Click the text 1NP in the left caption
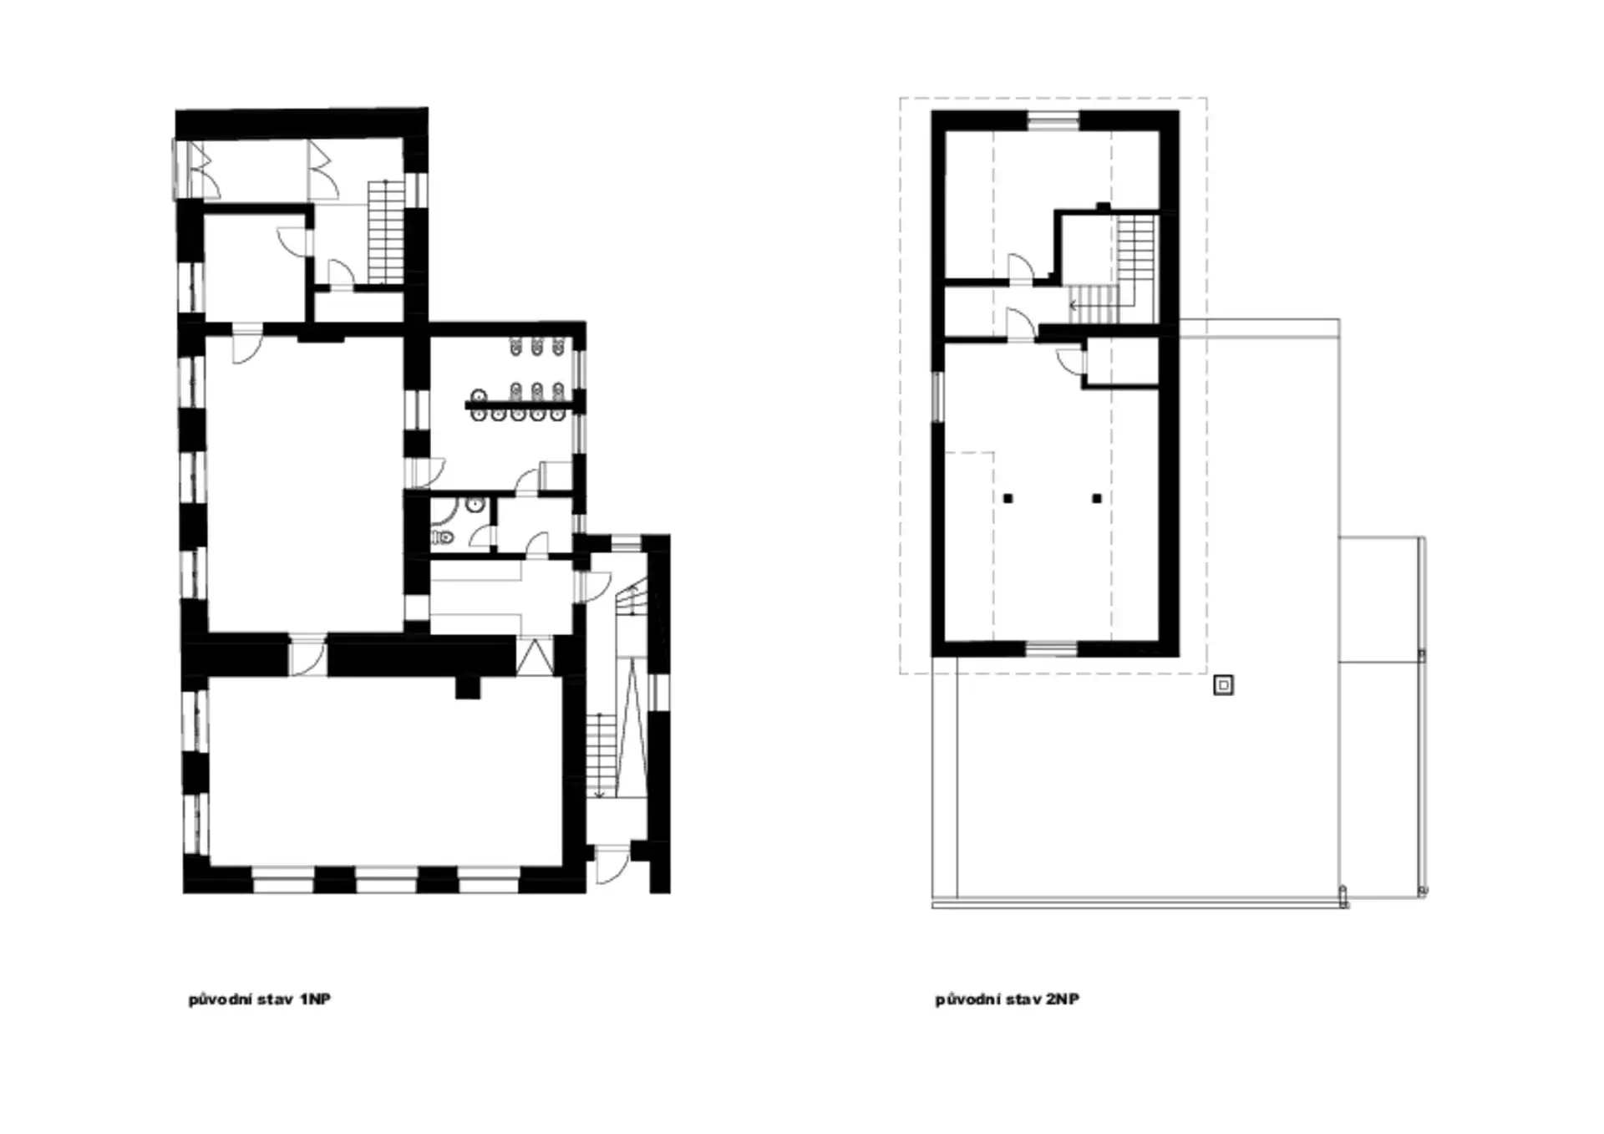(x=315, y=999)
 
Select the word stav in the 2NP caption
(x=1024, y=999)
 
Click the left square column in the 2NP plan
(x=1008, y=499)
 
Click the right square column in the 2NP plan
(x=1097, y=499)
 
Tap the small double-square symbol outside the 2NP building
(x=1223, y=685)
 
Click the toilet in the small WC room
(x=443, y=537)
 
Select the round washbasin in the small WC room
(x=475, y=505)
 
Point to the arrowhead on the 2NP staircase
(x=1073, y=306)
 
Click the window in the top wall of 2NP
(x=1053, y=122)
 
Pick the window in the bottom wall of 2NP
(x=1052, y=648)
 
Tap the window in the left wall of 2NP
(x=937, y=398)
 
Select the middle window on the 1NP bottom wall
(x=386, y=880)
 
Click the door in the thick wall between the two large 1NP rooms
(x=307, y=656)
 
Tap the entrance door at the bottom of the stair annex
(x=612, y=864)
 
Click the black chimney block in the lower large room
(x=468, y=686)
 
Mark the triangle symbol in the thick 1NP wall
(x=535, y=656)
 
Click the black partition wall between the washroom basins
(x=520, y=407)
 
